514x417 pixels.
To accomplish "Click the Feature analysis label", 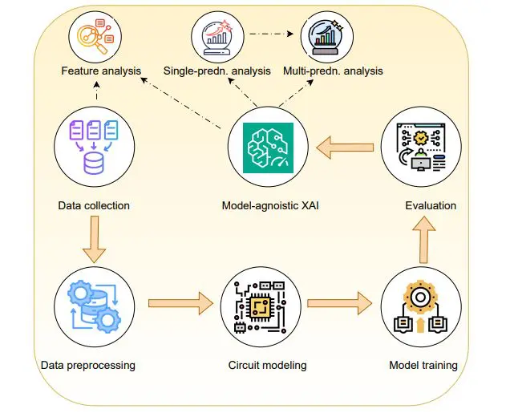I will [101, 71].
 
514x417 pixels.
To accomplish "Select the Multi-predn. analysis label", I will [333, 71].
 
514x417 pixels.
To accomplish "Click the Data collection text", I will [94, 205].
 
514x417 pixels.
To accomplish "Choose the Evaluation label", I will [430, 205].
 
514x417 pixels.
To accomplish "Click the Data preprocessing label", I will [87, 366].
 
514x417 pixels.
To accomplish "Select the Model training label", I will [423, 366].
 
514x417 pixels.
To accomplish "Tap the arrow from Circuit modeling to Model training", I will [342, 305].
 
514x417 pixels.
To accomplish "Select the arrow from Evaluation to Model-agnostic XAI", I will [344, 148].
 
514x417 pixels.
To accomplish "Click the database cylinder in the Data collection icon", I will [94, 164].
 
